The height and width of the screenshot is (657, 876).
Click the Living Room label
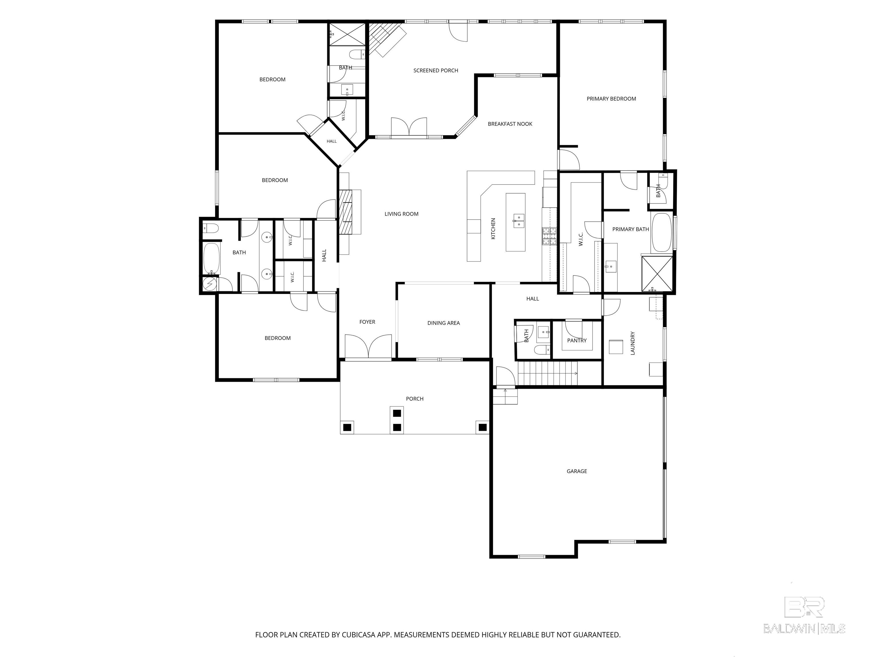point(401,214)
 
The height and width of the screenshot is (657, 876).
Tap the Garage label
point(577,471)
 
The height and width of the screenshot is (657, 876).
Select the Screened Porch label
point(436,70)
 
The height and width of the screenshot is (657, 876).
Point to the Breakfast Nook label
point(510,124)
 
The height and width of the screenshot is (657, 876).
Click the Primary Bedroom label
point(611,99)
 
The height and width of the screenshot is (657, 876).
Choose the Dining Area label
point(443,323)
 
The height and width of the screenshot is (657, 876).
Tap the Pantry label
point(577,340)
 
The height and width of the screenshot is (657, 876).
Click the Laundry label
point(632,343)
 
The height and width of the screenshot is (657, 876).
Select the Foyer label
point(367,322)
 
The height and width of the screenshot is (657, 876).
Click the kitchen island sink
point(518,221)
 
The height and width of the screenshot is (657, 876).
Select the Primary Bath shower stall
point(657,274)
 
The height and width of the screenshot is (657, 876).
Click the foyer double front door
point(368,346)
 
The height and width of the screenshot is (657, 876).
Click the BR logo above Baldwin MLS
point(804,607)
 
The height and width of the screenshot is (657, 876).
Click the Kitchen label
point(493,228)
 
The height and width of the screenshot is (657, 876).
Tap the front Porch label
point(415,399)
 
